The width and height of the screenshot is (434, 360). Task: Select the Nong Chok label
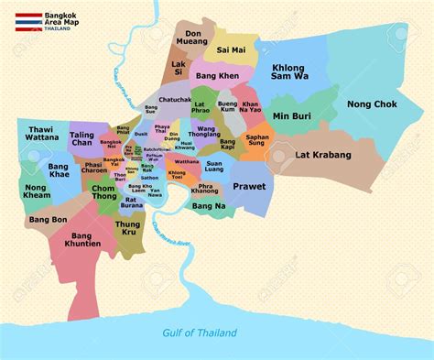pyautogui.click(x=372, y=105)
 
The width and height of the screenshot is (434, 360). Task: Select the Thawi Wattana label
pyautogui.click(x=40, y=138)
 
